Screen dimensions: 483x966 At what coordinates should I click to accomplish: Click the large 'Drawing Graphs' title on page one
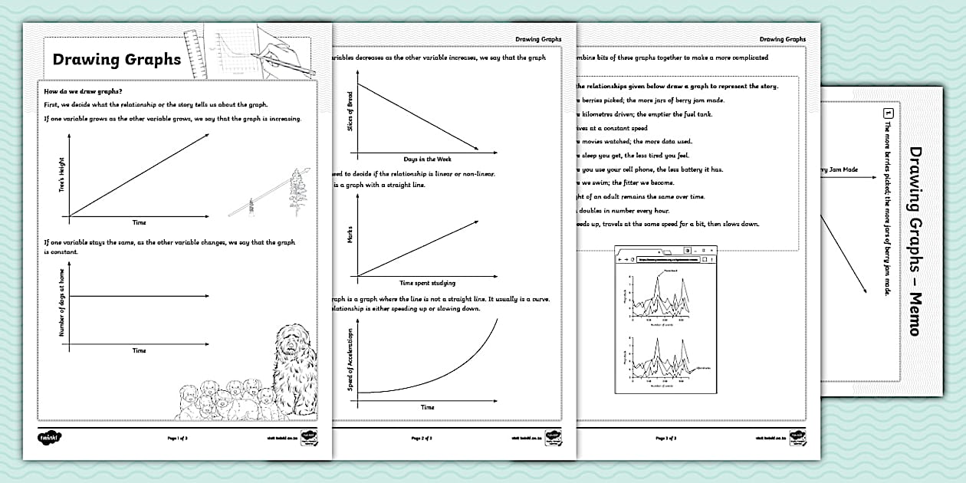(x=117, y=60)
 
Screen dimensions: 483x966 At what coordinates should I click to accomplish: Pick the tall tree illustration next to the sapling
(x=296, y=188)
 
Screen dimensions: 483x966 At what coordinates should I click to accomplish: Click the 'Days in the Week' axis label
(x=427, y=159)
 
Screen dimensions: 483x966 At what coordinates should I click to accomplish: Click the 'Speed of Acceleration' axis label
(x=350, y=360)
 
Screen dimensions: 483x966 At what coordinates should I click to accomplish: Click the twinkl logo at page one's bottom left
(x=50, y=438)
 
